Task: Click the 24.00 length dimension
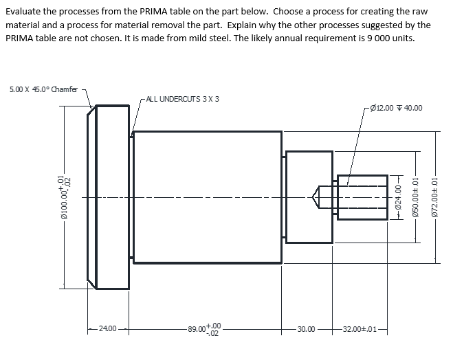pos(107,329)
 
